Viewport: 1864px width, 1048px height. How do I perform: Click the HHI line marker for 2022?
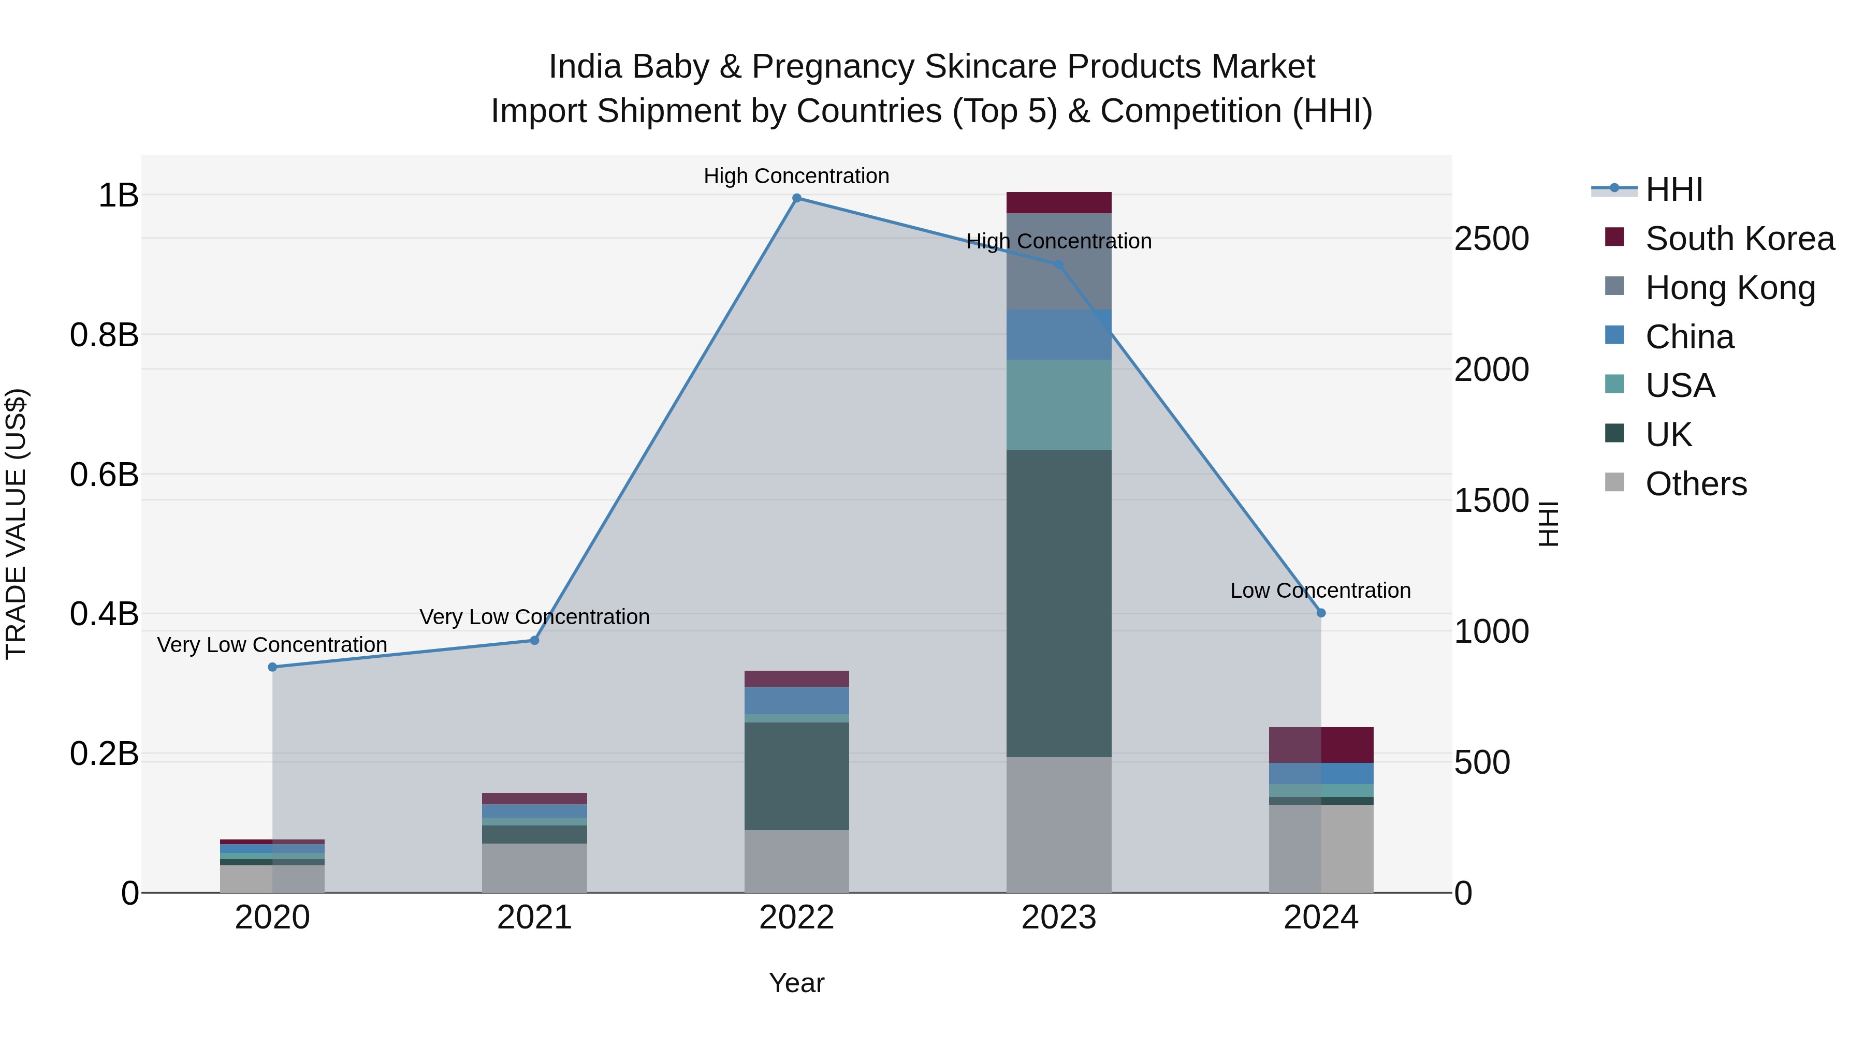tap(797, 198)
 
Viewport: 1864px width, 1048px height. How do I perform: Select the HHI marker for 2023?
tap(1059, 264)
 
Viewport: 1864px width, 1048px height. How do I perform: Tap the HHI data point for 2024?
tap(1321, 613)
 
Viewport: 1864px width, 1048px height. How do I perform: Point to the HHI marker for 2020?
tap(272, 667)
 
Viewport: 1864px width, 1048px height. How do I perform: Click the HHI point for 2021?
tap(535, 640)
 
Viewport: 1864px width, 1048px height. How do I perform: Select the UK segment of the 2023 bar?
tap(1059, 603)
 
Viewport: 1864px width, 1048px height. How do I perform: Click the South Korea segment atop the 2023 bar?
tap(1059, 202)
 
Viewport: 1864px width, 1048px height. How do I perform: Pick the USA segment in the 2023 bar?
tap(1059, 405)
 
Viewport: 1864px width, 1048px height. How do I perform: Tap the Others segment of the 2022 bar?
tap(797, 861)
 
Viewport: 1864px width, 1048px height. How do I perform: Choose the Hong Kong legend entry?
tap(1729, 288)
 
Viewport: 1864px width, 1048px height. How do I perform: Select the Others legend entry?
tap(1695, 484)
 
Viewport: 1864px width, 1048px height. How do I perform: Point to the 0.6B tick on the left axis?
tap(104, 475)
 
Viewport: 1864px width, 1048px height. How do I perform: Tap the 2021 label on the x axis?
tap(535, 918)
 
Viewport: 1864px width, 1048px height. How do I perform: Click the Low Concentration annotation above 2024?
tap(1320, 591)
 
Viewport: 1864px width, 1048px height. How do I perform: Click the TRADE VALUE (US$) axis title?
tap(16, 524)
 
